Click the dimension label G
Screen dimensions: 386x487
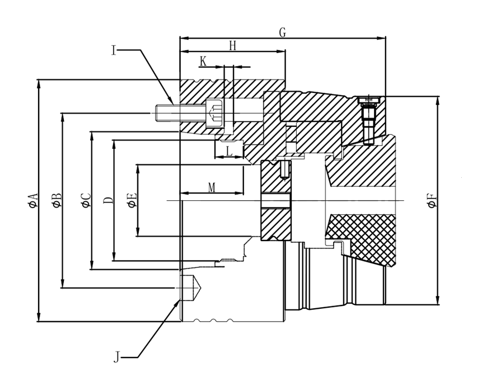coord(283,32)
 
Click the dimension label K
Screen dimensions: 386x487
coord(203,62)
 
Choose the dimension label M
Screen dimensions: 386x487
coord(212,187)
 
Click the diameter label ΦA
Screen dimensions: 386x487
coord(32,200)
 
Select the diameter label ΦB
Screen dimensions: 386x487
coord(57,200)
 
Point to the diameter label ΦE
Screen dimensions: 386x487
coord(132,200)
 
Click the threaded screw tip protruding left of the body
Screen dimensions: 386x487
coord(162,114)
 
